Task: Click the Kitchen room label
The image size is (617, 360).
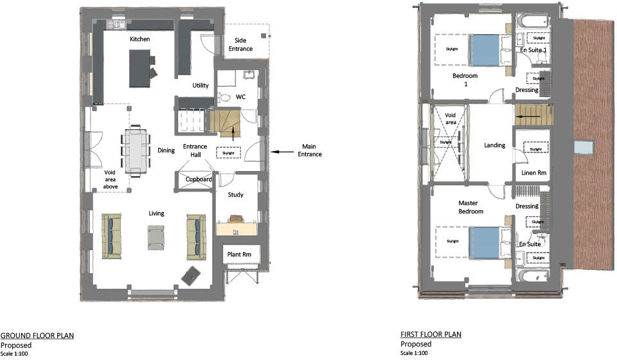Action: [x=139, y=39]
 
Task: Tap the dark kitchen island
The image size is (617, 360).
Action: [x=139, y=67]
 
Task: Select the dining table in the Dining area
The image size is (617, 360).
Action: [x=136, y=152]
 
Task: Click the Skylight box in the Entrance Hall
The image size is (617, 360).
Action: [x=228, y=152]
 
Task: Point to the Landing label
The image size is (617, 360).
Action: [x=494, y=145]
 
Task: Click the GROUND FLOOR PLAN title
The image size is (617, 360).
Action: [x=37, y=336]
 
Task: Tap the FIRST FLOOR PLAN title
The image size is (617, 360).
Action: [x=431, y=334]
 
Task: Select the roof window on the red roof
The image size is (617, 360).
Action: [x=584, y=147]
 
